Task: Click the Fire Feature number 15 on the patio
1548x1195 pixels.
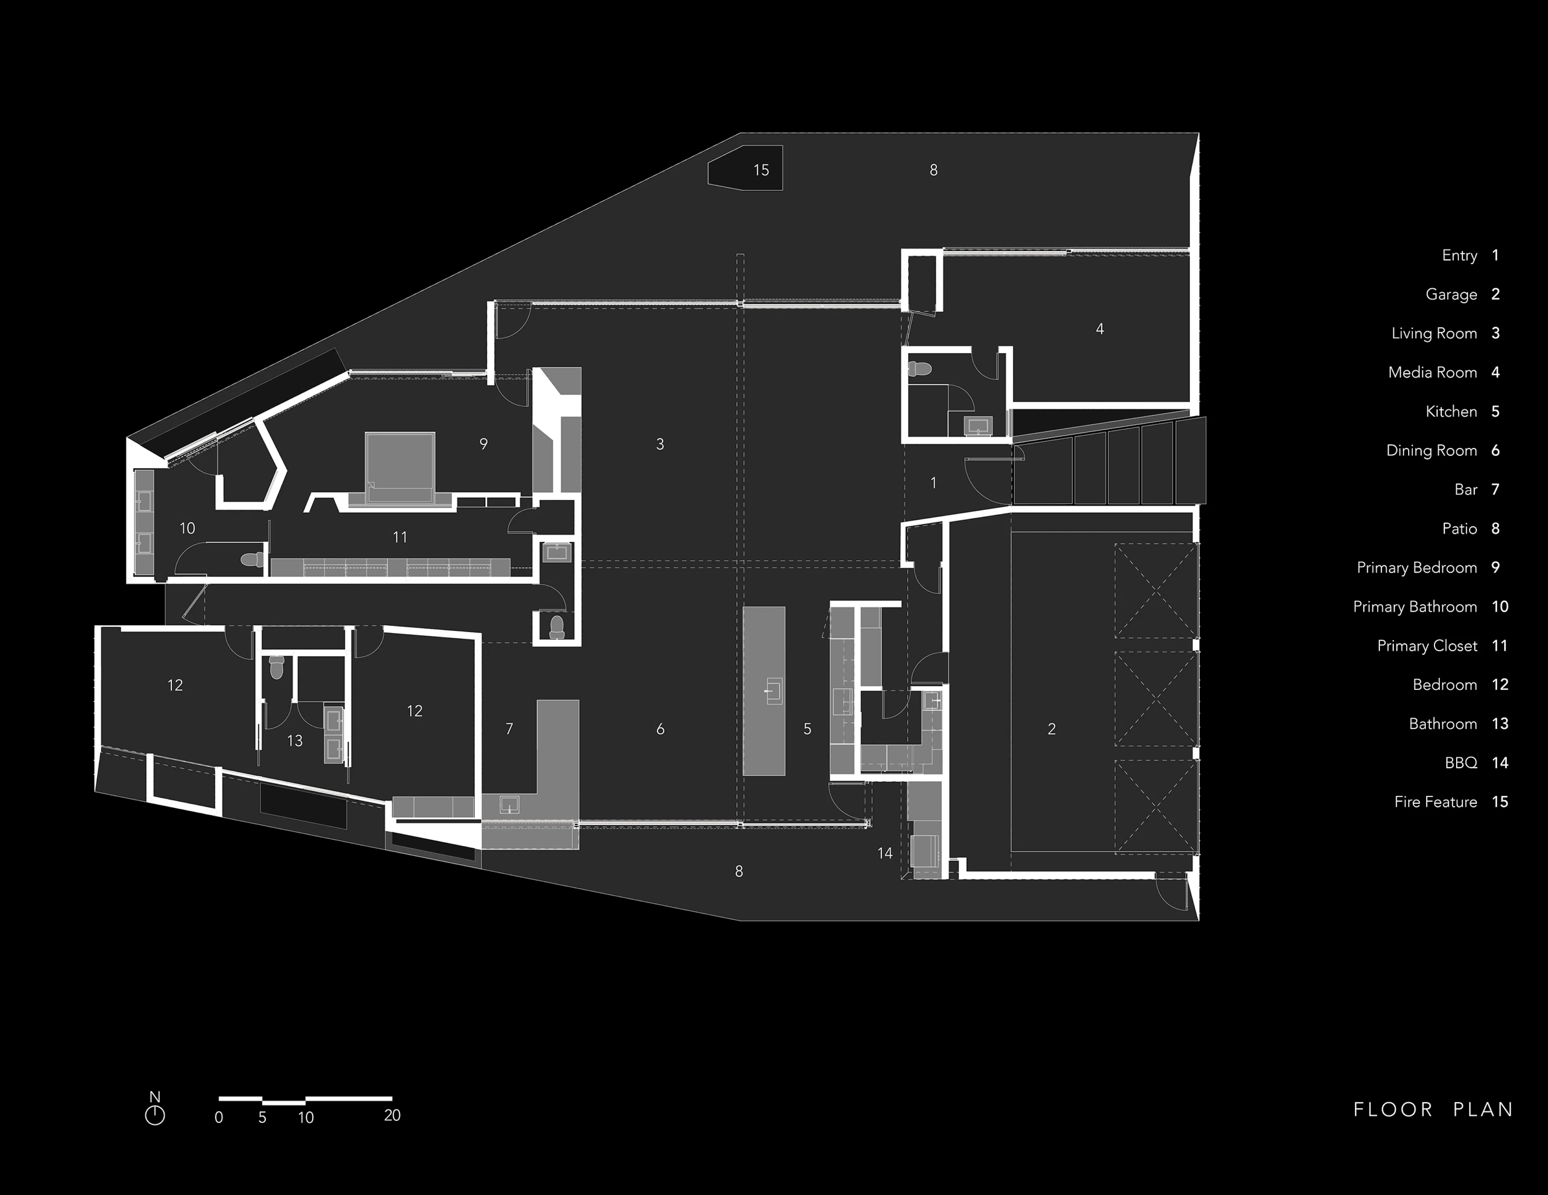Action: point(761,170)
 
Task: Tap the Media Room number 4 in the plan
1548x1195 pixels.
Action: point(1099,329)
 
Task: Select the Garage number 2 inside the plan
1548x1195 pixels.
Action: point(1051,729)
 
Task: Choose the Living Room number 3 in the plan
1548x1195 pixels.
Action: point(660,444)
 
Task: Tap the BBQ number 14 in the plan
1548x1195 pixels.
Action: point(884,853)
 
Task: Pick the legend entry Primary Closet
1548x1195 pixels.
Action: point(1427,646)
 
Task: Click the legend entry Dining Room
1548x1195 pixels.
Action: point(1431,451)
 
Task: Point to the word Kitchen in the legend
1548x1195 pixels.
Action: point(1451,412)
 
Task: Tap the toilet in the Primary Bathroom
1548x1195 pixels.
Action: point(251,559)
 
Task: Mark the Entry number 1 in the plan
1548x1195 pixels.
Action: point(934,483)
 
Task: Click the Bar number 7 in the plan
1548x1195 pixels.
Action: point(509,729)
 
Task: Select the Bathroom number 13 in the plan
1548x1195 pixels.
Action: point(295,741)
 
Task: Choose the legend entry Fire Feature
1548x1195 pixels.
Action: point(1435,802)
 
